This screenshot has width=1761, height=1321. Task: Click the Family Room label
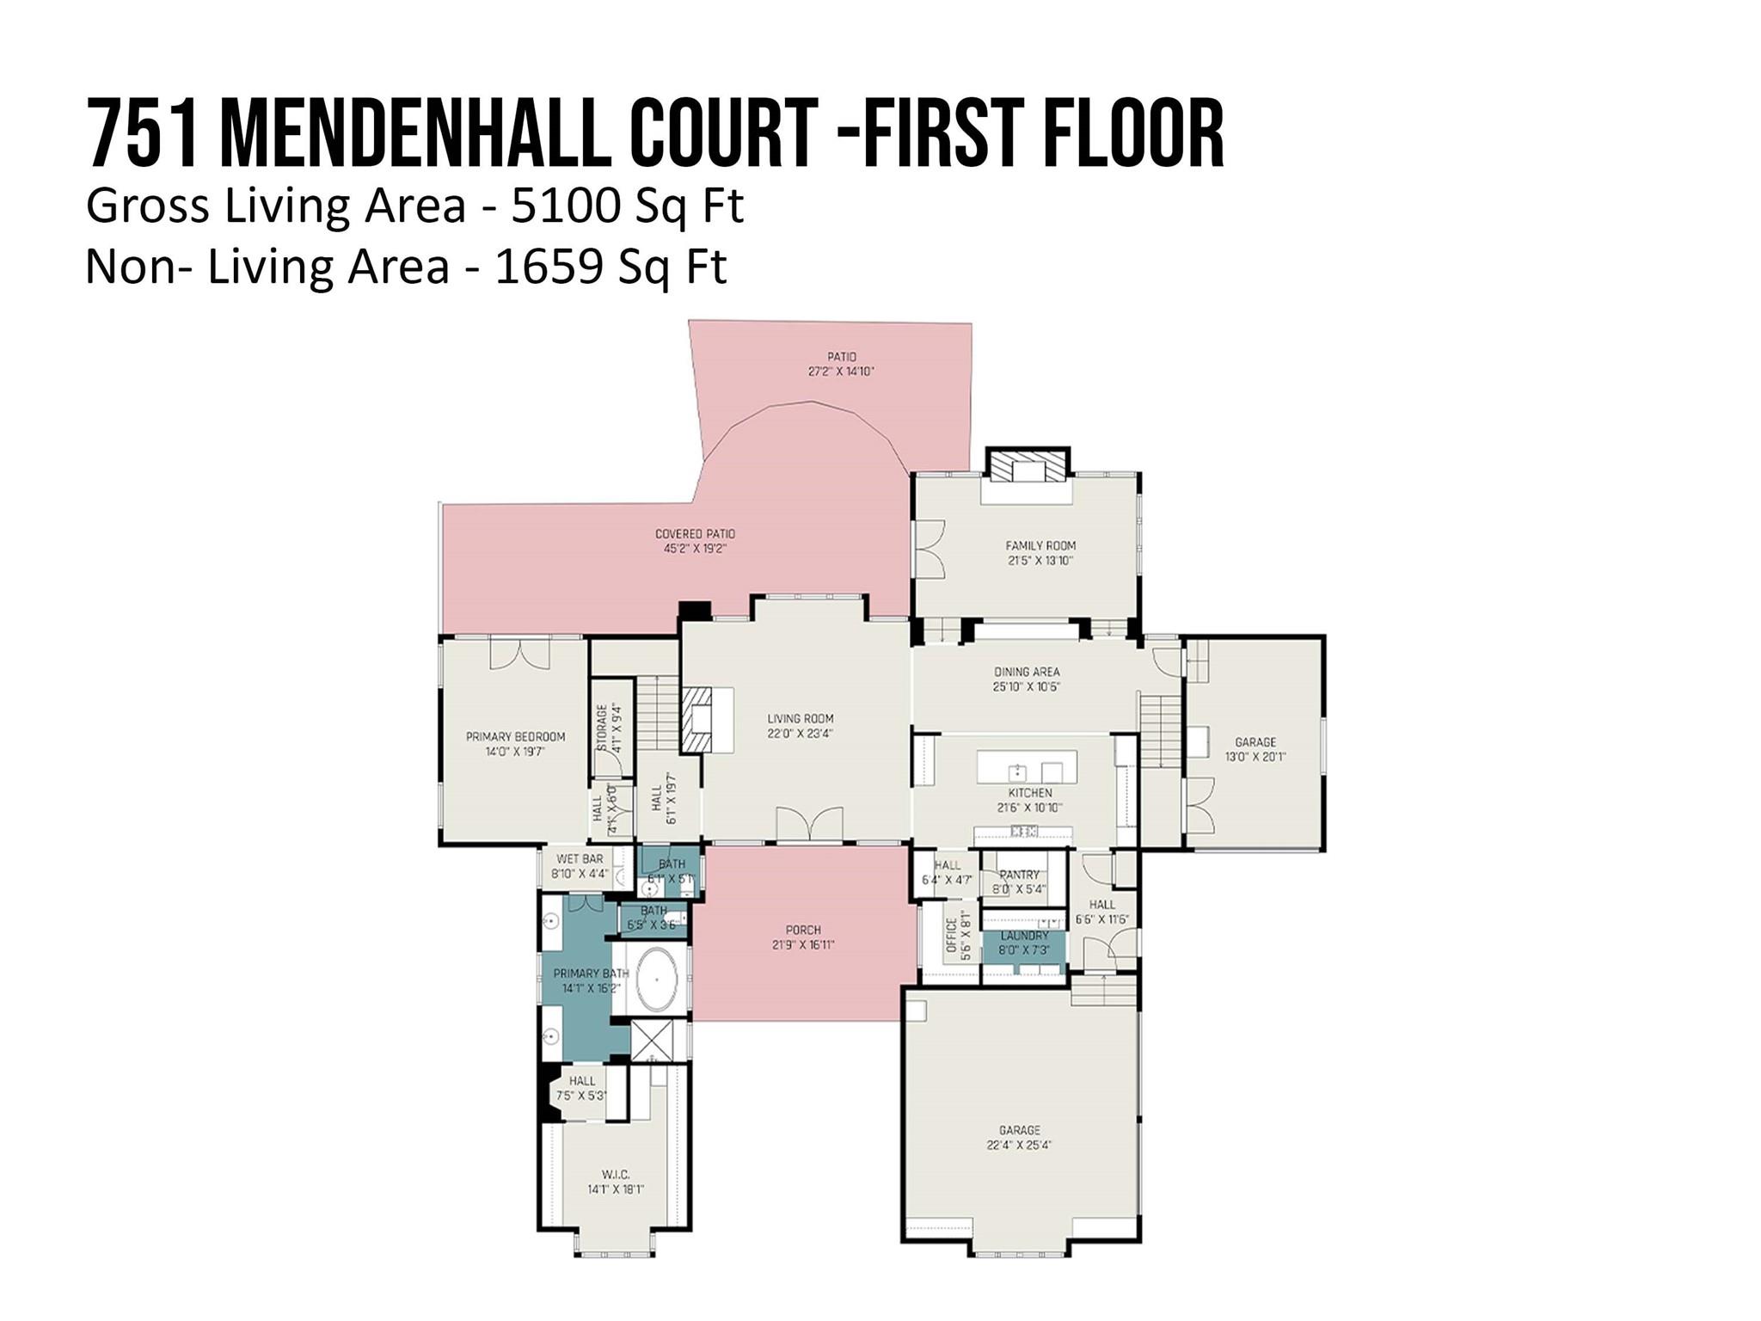pos(1040,545)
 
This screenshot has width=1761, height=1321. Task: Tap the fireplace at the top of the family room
pos(1028,469)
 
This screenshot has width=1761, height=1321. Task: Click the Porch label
pos(803,930)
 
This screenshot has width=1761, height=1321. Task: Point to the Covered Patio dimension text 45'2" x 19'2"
pos(696,549)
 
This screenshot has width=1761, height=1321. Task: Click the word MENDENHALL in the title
pos(416,135)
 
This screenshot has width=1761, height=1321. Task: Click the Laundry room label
pos(1024,936)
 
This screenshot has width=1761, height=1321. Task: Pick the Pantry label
pos(1020,875)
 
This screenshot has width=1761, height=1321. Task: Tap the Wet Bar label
pos(580,859)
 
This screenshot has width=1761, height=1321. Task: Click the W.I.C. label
pos(616,1175)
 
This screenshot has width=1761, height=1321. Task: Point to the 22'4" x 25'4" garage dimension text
pos(1020,1146)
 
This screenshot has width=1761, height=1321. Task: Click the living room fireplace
pos(697,719)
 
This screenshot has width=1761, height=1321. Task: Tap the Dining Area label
pos(1027,672)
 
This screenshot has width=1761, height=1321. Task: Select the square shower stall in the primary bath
pos(653,1041)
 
